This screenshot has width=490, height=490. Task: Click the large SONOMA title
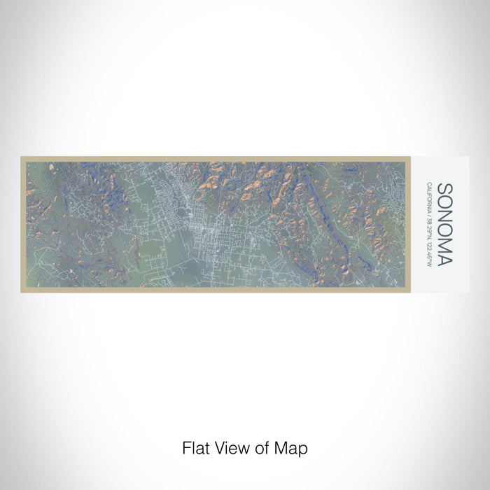[444, 225]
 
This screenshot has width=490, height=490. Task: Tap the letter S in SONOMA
[444, 189]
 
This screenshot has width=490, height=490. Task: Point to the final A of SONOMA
[444, 260]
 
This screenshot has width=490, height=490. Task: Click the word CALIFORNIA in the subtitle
[428, 198]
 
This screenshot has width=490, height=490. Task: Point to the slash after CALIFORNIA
[428, 214]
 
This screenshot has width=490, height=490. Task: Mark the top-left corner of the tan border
[22, 157]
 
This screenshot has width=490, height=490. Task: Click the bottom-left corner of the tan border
[22, 291]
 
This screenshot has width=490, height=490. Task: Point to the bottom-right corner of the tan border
[409, 291]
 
